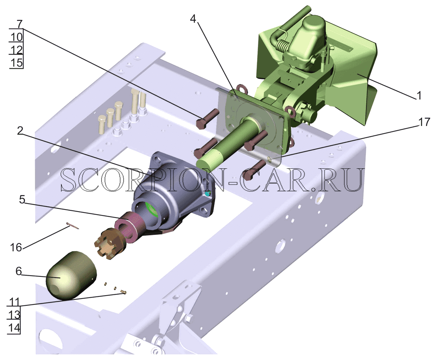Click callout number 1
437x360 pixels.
(x=419, y=95)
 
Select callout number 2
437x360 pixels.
(x=20, y=131)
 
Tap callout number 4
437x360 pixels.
(x=194, y=19)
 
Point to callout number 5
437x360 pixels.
(x=22, y=199)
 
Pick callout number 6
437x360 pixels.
(x=19, y=271)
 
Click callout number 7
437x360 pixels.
(x=19, y=24)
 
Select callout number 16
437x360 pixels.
(x=16, y=247)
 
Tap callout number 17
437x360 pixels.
(x=424, y=122)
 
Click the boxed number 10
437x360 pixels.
(x=17, y=37)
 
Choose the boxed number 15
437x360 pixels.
(x=17, y=63)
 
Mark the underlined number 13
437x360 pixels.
(x=14, y=315)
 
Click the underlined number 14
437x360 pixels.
(x=14, y=328)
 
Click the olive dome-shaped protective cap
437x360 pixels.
(x=71, y=275)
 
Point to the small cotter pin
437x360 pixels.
(x=73, y=226)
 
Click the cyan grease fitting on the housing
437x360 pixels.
(x=207, y=194)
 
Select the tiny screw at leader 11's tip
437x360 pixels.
(x=123, y=292)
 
